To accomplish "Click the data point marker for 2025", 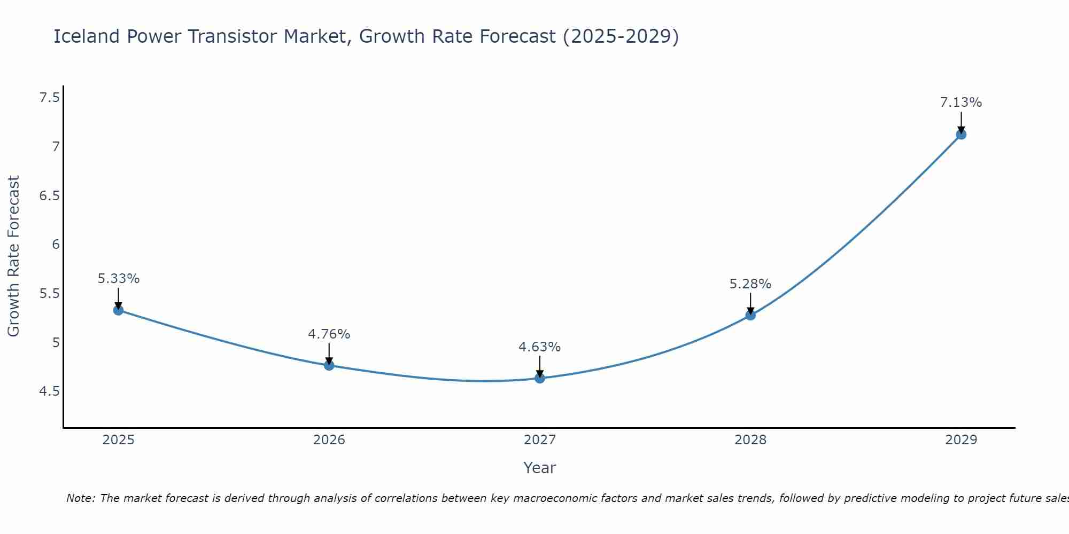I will click(119, 310).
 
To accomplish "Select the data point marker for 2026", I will click(329, 366).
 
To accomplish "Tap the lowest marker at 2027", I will click(540, 379).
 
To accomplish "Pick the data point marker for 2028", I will click(750, 315).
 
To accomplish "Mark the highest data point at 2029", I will click(961, 135).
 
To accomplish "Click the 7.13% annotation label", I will click(961, 103).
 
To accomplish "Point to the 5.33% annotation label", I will click(119, 279).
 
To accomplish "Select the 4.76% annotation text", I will click(329, 334).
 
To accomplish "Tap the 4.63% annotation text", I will click(540, 347).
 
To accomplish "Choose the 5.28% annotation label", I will click(750, 284).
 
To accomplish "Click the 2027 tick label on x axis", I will click(540, 440).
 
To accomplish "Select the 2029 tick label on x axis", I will click(961, 440).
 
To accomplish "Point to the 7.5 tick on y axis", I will click(49, 98).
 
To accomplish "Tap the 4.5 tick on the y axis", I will click(49, 392).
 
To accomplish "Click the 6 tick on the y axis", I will click(56, 245).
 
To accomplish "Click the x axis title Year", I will click(540, 468).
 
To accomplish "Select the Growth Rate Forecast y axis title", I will click(14, 256).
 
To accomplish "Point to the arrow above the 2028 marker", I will click(750, 303).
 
